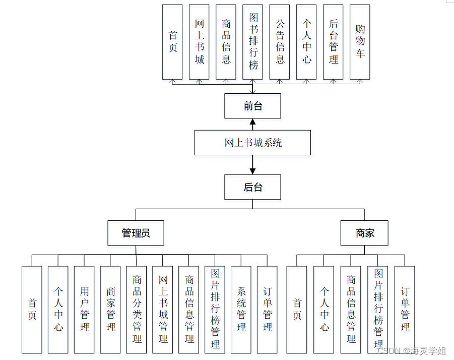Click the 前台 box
coord(252,106)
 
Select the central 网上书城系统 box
coord(252,143)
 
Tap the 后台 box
coord(252,187)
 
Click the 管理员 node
coord(136,233)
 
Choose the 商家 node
coord(364,233)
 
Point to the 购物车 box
coord(360,42)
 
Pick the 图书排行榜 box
coord(252,42)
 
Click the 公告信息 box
coord(280,42)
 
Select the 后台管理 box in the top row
coord(333,42)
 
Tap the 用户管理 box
coord(84,309)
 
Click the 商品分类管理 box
coord(137,309)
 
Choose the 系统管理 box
coord(241,309)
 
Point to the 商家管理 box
coord(110,309)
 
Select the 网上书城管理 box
coord(163,309)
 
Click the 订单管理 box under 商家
coord(405,309)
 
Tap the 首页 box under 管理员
coord(32,309)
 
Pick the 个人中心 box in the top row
coord(306,42)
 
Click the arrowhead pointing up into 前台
coord(252,122)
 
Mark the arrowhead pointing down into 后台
coord(252,171)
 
